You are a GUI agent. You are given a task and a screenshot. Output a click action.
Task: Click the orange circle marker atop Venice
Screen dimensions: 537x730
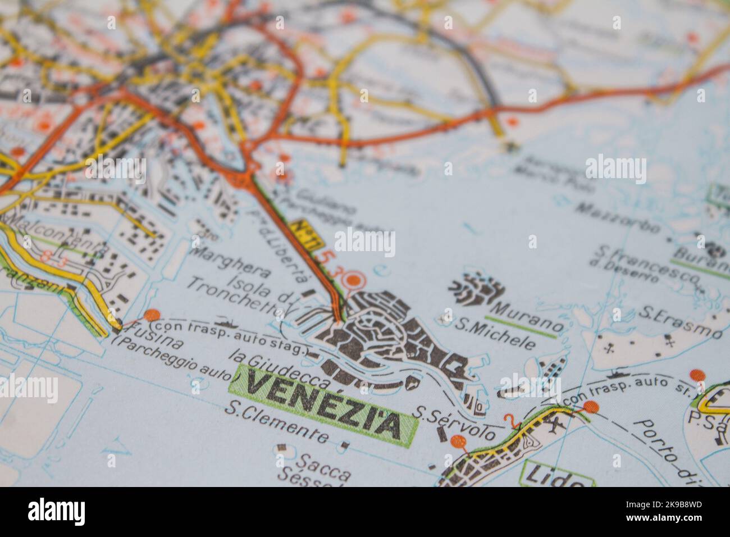tap(354, 279)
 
